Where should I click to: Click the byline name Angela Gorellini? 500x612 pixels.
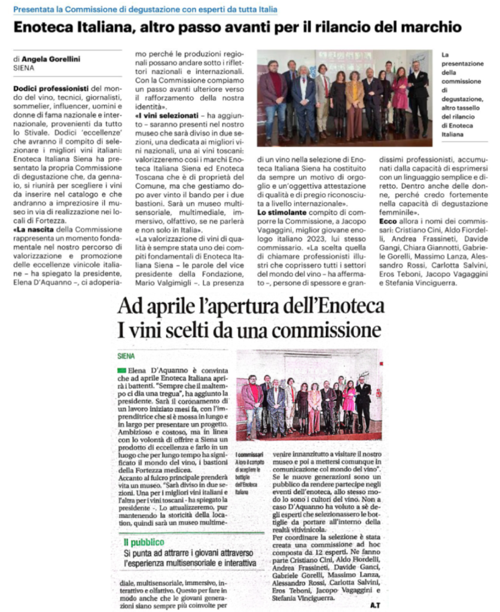click(55, 59)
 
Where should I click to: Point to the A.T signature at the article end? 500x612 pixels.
click(375, 605)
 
